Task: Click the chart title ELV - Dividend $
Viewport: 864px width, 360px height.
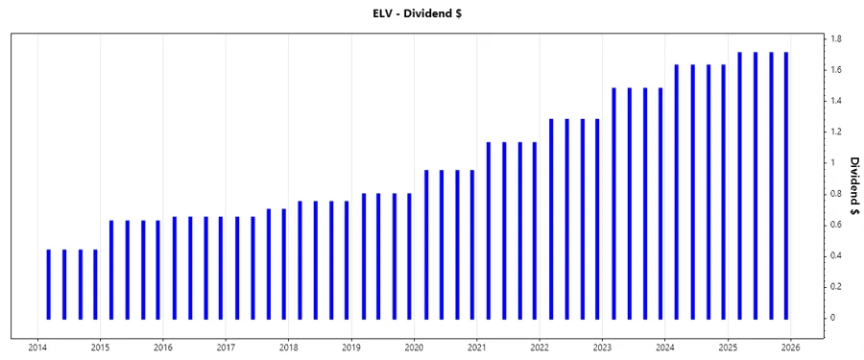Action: (x=431, y=13)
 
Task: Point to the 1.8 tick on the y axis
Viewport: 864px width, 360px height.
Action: (x=837, y=39)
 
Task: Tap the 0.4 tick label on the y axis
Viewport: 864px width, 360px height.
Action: (x=837, y=255)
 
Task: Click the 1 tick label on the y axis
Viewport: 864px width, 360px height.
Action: (x=834, y=163)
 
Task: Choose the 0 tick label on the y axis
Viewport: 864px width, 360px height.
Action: (x=834, y=317)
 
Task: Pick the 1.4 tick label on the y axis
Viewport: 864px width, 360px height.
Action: (x=837, y=101)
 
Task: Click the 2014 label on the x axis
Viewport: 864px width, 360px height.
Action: (x=37, y=348)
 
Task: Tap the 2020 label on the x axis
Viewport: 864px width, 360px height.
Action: (x=414, y=348)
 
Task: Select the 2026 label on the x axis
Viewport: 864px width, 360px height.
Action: (x=791, y=348)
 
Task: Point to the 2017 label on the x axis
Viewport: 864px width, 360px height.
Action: (x=226, y=348)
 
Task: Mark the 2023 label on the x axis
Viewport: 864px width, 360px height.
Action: (x=602, y=348)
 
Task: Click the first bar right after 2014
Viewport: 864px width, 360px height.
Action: (x=49, y=283)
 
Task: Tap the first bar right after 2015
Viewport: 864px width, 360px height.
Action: (x=111, y=269)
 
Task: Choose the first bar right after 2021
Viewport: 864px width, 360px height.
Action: (x=489, y=230)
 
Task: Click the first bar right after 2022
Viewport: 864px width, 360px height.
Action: (x=551, y=219)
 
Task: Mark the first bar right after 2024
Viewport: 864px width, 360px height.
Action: (x=677, y=191)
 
